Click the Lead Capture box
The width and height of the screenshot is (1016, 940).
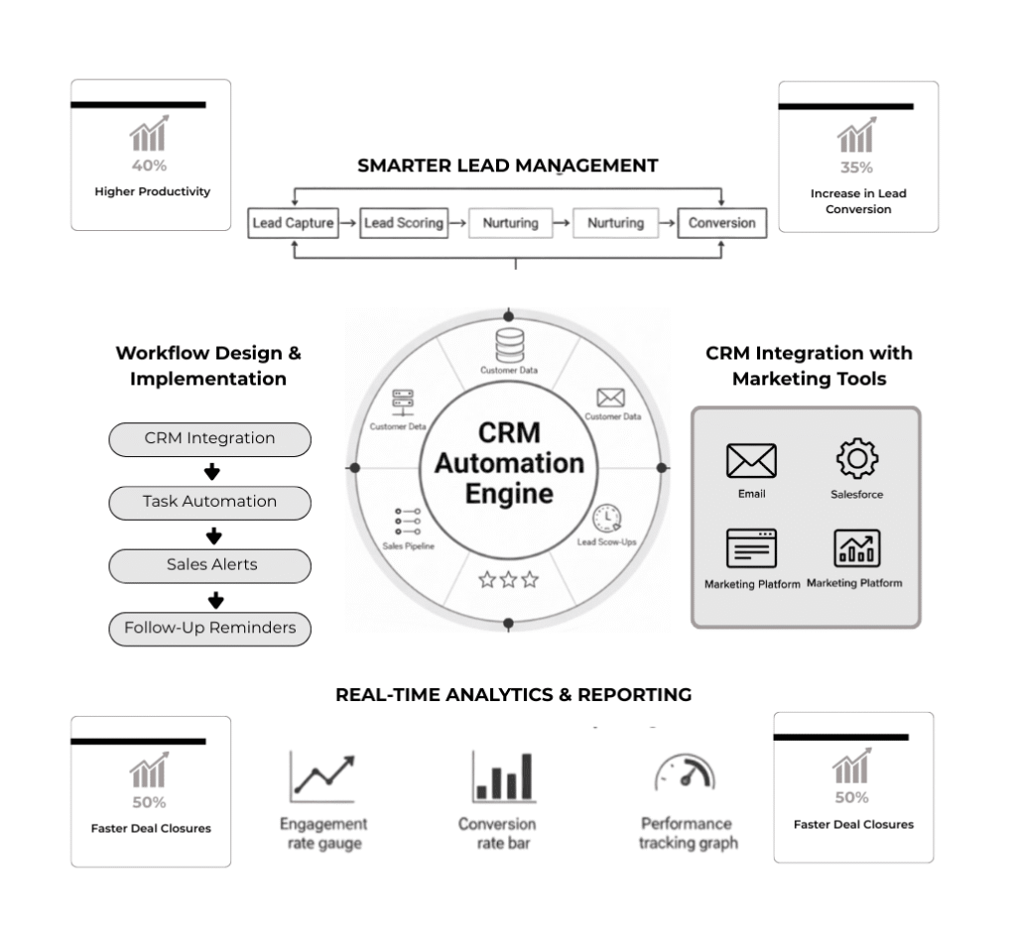click(x=293, y=223)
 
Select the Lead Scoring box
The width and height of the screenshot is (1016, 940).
click(x=404, y=223)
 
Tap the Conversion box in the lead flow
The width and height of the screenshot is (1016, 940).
click(x=721, y=223)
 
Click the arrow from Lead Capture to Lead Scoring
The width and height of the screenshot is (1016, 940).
click(x=347, y=223)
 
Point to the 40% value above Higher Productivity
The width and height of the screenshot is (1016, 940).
click(x=149, y=166)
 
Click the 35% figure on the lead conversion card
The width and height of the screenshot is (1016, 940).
click(x=856, y=168)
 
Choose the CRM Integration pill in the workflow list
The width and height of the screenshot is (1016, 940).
click(x=209, y=438)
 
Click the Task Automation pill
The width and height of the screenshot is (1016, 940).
click(x=209, y=502)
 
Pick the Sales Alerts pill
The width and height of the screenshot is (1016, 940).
click(x=209, y=565)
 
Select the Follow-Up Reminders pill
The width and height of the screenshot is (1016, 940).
click(x=209, y=629)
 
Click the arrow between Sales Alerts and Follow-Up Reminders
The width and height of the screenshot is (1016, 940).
click(x=215, y=599)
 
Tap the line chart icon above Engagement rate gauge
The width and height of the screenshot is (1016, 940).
click(x=322, y=776)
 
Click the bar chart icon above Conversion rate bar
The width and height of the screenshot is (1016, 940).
click(x=503, y=776)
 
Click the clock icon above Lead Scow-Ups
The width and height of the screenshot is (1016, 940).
click(x=606, y=519)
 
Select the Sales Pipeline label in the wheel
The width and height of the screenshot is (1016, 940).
click(x=408, y=546)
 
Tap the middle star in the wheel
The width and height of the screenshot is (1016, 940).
click(x=508, y=580)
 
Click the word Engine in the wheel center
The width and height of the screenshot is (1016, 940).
click(x=508, y=493)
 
